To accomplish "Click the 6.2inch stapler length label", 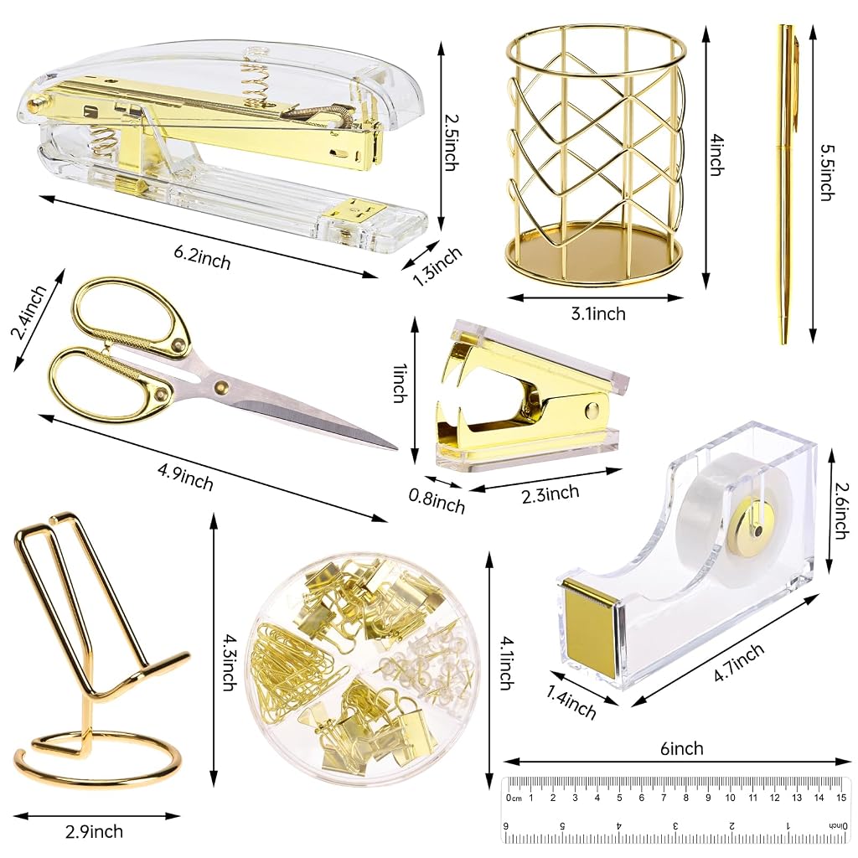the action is [x=202, y=257].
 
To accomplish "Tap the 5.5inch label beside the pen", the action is [x=827, y=172].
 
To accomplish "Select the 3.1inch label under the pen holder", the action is [x=598, y=313].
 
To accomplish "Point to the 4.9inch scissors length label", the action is [x=185, y=477].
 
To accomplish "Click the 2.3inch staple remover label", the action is [x=550, y=494].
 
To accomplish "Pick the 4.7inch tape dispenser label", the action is [x=739, y=662].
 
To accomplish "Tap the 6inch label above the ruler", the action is [x=681, y=748].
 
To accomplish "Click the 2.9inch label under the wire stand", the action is [x=94, y=832].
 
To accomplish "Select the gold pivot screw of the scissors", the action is [x=221, y=387].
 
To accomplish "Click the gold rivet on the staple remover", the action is [x=592, y=410].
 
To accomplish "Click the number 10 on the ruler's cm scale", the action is [x=730, y=798].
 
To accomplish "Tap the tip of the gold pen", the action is [x=784, y=343].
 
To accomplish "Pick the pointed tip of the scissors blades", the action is [x=395, y=448].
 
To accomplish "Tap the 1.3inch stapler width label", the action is [x=437, y=266].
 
